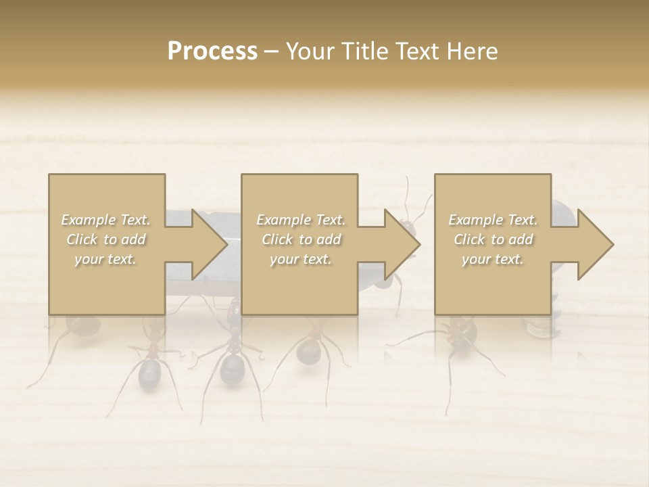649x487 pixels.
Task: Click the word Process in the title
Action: [212, 51]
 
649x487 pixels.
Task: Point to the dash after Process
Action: [271, 51]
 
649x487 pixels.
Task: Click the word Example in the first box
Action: [89, 219]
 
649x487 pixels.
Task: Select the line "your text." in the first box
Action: [105, 258]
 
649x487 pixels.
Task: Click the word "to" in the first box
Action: [109, 239]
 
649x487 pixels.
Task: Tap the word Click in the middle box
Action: [278, 239]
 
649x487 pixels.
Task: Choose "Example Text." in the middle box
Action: [301, 219]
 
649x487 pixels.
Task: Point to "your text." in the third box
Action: [492, 258]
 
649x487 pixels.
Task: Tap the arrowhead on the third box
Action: [595, 244]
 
